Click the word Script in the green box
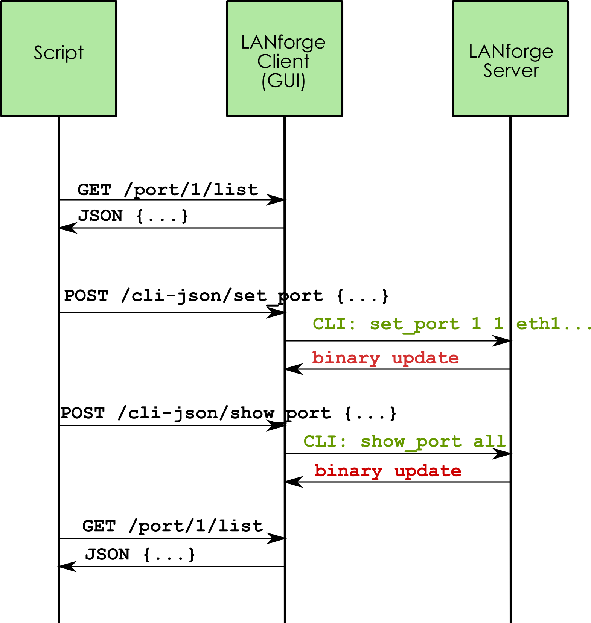pyautogui.click(x=59, y=53)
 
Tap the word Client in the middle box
pyautogui.click(x=283, y=61)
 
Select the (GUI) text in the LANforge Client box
pyautogui.click(x=283, y=81)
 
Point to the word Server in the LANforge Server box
pyautogui.click(x=511, y=70)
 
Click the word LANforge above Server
pyautogui.click(x=511, y=52)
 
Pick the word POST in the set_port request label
pyautogui.click(x=86, y=296)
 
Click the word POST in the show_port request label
pyautogui.click(x=83, y=413)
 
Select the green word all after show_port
pyautogui.click(x=489, y=441)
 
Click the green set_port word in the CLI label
pyautogui.click(x=415, y=324)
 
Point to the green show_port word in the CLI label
pyautogui.click(x=411, y=442)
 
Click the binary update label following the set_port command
pyautogui.click(x=385, y=359)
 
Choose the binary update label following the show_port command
pyautogui.click(x=388, y=471)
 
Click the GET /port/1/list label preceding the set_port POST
pyautogui.click(x=168, y=190)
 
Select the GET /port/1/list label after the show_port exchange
pyautogui.click(x=172, y=526)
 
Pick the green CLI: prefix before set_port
pyautogui.click(x=334, y=324)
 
